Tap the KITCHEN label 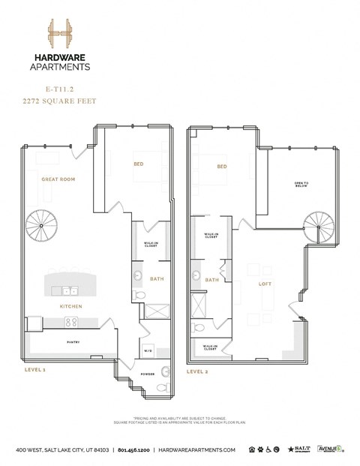70,306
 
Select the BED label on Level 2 222,167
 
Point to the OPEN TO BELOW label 301,185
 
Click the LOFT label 264,284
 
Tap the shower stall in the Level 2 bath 200,305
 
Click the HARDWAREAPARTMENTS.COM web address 198,449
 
